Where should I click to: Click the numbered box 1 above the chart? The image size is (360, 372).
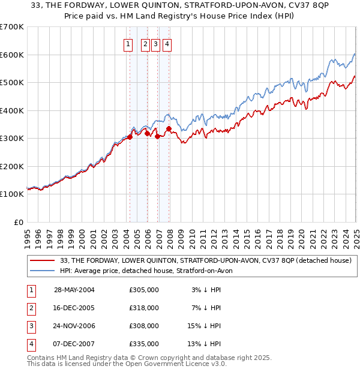point(128,44)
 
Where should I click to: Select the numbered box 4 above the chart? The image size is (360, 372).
point(166,44)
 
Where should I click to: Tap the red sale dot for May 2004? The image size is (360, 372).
point(130,137)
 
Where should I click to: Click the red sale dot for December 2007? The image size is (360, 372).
point(169,128)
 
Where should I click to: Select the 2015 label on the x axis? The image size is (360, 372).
point(247,233)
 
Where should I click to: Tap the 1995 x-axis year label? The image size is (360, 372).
point(28,233)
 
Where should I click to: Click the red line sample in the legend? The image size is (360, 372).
point(42,260)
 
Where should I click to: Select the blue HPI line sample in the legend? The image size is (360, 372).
point(42,271)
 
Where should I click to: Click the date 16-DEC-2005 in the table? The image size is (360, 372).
point(74,308)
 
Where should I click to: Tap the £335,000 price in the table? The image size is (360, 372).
point(143,344)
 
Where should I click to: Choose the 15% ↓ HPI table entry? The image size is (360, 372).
point(204,326)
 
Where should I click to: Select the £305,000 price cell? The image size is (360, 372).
point(143,290)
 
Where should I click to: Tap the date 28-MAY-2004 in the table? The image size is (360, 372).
point(74,290)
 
